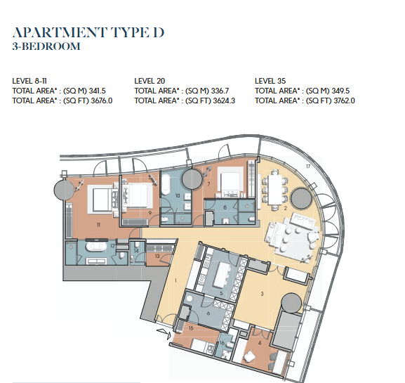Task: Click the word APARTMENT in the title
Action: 60,33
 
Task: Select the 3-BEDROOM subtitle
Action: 46,46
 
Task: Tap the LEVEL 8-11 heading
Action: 29,81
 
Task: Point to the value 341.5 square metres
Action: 97,91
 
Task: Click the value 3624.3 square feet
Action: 224,100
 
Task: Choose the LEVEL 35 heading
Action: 270,81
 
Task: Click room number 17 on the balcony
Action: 308,167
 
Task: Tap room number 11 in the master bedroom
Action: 98,225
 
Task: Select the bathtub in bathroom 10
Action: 166,184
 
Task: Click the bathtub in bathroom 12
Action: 96,247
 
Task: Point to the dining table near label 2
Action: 275,190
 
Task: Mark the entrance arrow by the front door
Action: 164,333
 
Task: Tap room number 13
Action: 157,256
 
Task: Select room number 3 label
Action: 263,294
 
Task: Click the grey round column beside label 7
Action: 192,179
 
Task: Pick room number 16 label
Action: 222,343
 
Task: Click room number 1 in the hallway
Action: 175,280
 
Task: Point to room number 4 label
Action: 260,343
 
